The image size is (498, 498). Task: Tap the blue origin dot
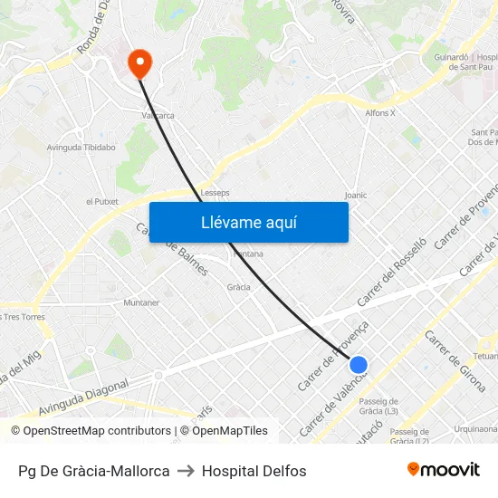pos(359,365)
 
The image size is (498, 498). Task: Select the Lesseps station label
pos(215,193)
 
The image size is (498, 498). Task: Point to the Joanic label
pos(356,195)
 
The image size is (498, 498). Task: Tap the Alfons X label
pos(380,113)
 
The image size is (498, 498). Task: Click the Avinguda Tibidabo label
pos(81,147)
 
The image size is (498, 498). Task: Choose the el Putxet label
pos(101,201)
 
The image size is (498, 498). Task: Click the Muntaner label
pos(141,302)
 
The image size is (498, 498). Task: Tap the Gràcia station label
pos(239,286)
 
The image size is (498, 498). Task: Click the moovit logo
pos(443,470)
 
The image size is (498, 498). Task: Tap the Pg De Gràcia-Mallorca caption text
pos(94,471)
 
